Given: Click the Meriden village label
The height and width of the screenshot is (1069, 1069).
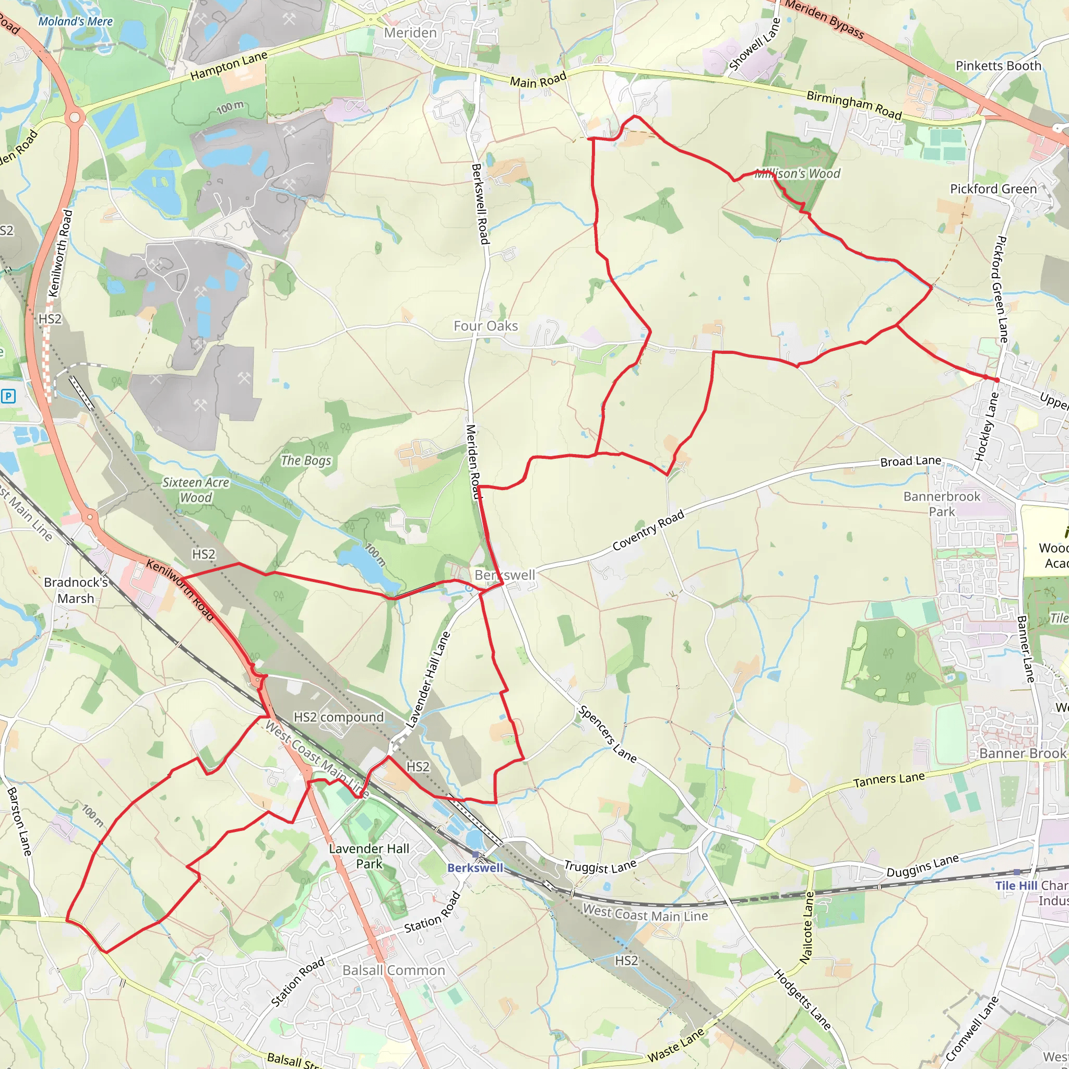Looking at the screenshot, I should [x=410, y=33].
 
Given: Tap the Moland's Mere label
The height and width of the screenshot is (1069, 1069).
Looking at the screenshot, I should [x=75, y=21].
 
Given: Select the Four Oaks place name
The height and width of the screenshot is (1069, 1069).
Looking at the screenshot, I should [x=485, y=326].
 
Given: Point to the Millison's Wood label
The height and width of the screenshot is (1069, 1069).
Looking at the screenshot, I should [x=798, y=174].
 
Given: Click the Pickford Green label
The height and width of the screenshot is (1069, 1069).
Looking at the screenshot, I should [x=993, y=189].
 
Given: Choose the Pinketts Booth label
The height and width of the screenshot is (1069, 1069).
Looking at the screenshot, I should [x=998, y=66].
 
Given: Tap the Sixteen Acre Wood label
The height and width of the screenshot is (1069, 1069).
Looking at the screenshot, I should [x=195, y=490].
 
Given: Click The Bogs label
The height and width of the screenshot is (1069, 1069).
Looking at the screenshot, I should [x=305, y=460].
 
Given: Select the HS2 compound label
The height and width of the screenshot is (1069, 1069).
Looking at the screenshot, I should [x=338, y=717].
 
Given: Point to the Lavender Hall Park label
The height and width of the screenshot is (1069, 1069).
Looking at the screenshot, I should [x=369, y=856].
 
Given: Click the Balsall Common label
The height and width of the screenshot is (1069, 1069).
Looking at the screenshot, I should [x=394, y=970].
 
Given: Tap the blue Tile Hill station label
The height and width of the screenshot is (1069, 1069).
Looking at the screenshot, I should [x=1016, y=885].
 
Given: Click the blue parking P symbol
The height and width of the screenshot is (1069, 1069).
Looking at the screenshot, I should [x=8, y=396].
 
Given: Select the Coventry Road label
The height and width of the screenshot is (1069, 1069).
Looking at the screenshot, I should [x=648, y=531].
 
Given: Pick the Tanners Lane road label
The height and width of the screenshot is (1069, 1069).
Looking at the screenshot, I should [x=888, y=780].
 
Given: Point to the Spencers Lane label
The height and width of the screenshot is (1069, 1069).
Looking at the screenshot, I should [x=607, y=733].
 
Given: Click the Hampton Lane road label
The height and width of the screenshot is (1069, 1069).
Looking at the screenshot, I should [x=229, y=66].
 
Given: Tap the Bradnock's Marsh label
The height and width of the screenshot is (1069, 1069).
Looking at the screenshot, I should [x=76, y=590].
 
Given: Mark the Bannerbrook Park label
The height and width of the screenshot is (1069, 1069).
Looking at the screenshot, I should [x=942, y=504].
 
